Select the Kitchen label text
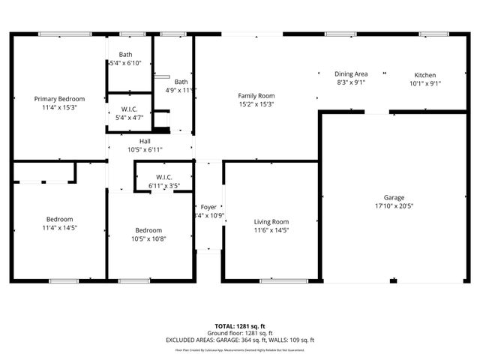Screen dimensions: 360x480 425,75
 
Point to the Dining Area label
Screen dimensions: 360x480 351,75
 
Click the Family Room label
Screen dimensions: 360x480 256,96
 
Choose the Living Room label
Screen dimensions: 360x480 271,222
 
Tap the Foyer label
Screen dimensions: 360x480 208,207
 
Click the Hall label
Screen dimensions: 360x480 145,141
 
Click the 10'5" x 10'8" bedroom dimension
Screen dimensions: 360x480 148,238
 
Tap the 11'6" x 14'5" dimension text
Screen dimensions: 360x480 271,230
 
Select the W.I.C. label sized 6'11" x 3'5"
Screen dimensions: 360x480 163,177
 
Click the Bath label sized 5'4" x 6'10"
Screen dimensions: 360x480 125,55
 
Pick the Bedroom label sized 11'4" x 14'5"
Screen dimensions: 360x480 59,219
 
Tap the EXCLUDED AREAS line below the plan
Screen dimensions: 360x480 240,340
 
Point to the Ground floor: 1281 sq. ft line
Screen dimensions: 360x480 240,334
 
